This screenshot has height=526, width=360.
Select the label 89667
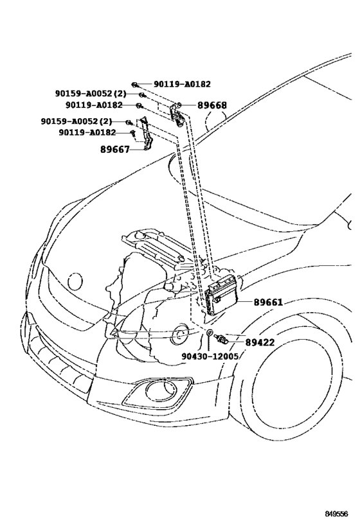tap(115, 150)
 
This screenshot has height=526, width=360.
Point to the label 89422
tap(260, 342)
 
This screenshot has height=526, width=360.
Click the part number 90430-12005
tap(210, 355)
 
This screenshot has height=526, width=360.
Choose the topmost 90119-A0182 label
tap(181, 83)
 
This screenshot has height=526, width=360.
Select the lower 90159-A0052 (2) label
tap(76, 121)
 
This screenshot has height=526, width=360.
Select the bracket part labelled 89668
tap(174, 116)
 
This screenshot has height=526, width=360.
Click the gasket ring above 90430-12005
tap(210, 332)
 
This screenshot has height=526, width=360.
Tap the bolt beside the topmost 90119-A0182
tap(136, 84)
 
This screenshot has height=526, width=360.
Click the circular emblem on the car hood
tap(75, 280)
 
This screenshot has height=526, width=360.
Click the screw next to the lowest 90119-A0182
tap(132, 133)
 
